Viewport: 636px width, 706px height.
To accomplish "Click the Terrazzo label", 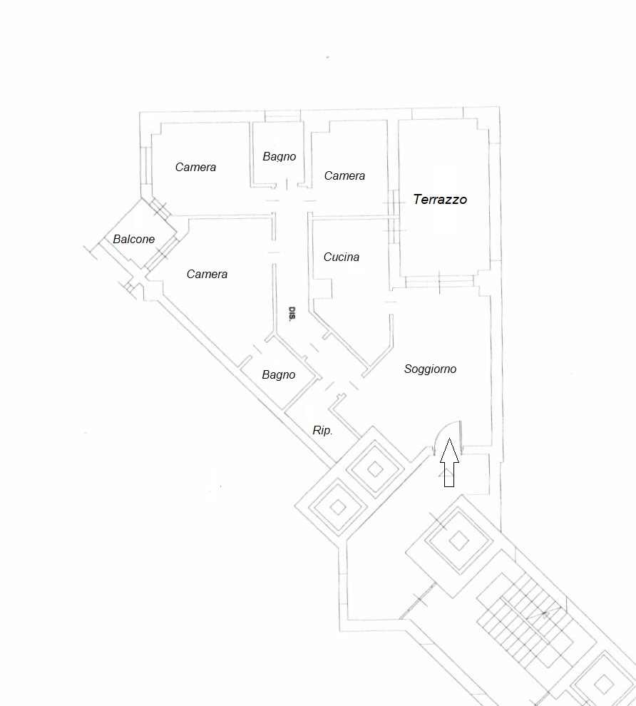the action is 440,200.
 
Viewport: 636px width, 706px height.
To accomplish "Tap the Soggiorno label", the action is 430,369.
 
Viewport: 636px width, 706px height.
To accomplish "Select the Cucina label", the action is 342,257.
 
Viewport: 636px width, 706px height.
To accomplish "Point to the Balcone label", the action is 133,239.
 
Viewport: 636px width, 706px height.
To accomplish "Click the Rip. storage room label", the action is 322,431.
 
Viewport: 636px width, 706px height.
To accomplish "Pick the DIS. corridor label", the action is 292,313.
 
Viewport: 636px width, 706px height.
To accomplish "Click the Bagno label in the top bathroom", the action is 279,157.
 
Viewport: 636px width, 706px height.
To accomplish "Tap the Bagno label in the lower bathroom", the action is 279,374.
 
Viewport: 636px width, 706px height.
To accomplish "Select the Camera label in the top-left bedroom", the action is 195,168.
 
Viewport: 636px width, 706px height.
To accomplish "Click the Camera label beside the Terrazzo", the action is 344,175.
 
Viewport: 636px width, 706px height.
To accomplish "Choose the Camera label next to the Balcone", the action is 207,275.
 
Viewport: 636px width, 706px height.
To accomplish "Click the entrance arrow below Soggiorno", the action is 449,462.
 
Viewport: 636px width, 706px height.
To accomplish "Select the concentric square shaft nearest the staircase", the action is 458,541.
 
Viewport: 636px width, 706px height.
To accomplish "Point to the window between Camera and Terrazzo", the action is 394,217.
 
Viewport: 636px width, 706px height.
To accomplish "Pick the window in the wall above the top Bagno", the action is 282,116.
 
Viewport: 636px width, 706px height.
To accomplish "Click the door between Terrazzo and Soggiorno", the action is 440,282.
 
